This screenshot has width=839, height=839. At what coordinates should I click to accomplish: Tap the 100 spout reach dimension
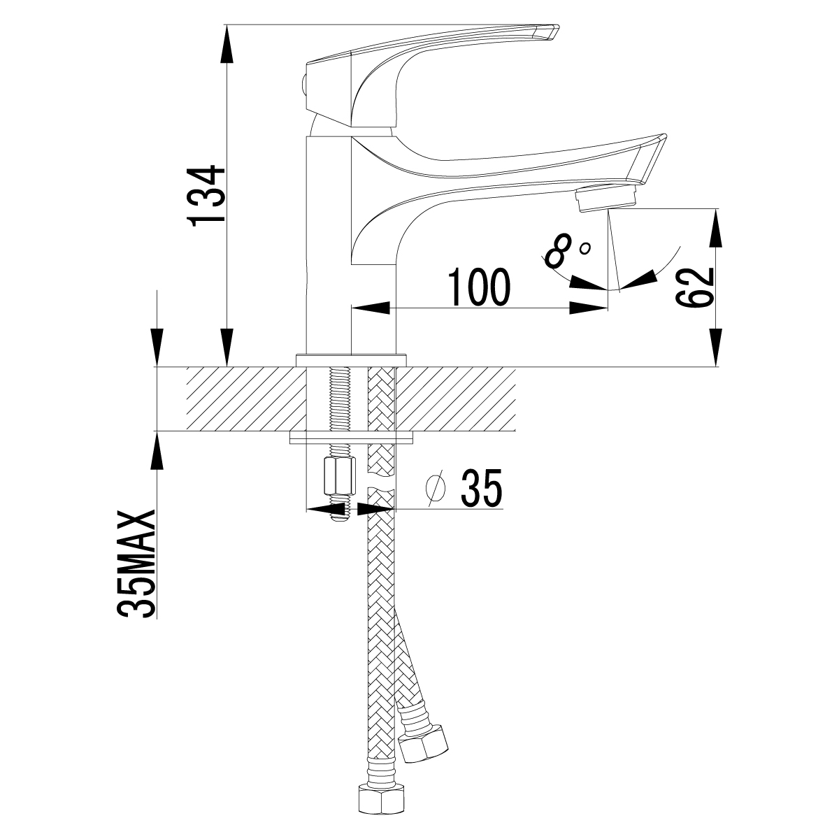[x=479, y=287]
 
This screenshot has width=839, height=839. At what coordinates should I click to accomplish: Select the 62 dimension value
[x=694, y=287]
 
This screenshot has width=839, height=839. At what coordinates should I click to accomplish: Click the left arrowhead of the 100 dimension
[x=367, y=308]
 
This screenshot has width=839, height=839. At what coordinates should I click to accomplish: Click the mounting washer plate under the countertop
[x=352, y=438]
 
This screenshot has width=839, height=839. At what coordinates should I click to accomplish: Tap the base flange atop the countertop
[x=352, y=360]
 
